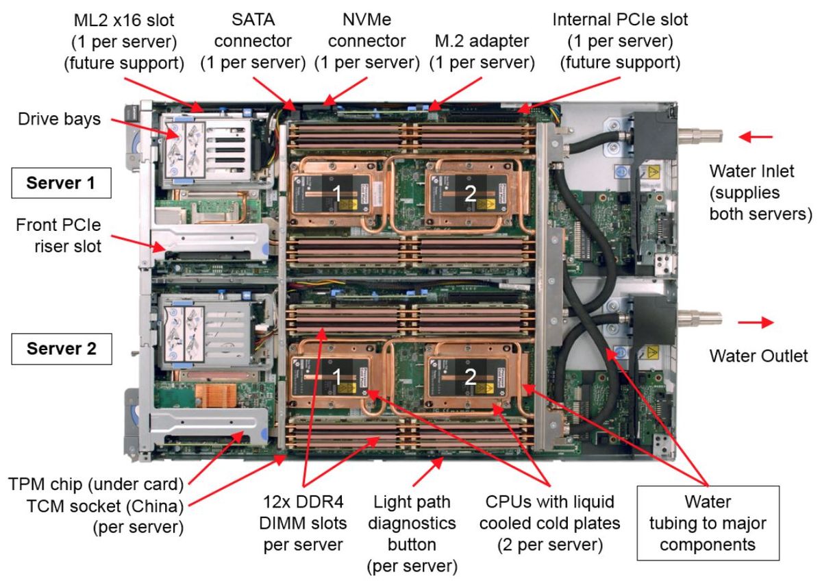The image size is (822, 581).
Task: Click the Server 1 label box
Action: click(x=61, y=183)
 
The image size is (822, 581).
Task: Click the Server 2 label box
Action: click(x=62, y=349)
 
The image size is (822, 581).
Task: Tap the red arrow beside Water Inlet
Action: click(x=756, y=137)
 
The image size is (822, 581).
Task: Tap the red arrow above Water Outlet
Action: click(x=756, y=322)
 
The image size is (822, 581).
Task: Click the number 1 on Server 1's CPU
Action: click(x=336, y=193)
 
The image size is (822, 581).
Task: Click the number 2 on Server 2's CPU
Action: click(x=470, y=377)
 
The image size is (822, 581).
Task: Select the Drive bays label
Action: click(x=59, y=119)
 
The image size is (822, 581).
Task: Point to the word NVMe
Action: click(x=366, y=19)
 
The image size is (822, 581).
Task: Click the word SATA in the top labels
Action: click(x=253, y=19)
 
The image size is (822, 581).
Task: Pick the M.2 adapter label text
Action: click(x=482, y=41)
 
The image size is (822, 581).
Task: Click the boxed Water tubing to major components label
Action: click(x=708, y=523)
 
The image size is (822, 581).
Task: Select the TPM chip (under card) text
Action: click(x=96, y=484)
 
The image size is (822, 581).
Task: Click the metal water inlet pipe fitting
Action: click(x=700, y=136)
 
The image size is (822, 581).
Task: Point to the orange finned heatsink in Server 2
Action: click(x=216, y=395)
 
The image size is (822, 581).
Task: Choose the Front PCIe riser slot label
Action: click(x=58, y=236)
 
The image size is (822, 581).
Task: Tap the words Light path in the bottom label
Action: click(x=412, y=502)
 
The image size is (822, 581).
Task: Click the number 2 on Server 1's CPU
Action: click(x=470, y=193)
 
